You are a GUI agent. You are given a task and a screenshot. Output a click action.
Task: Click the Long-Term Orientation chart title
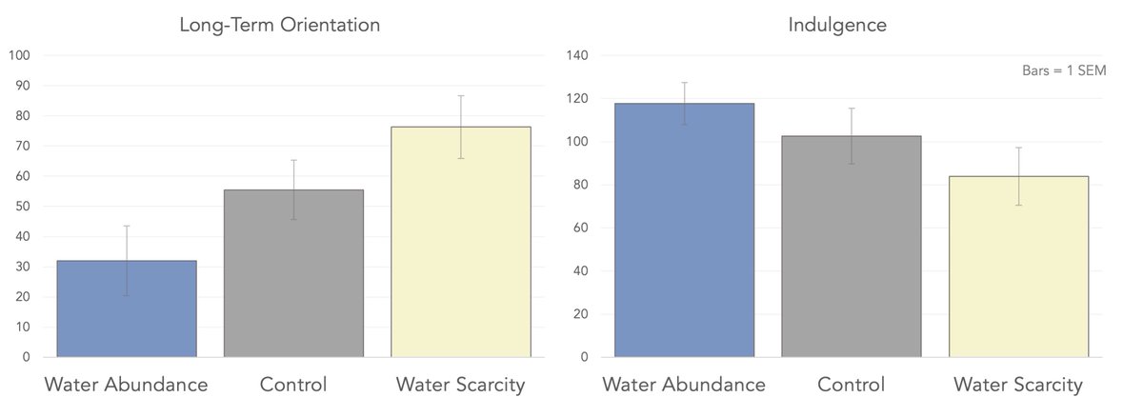coord(280,26)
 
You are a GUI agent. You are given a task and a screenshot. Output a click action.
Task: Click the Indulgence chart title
coord(837,26)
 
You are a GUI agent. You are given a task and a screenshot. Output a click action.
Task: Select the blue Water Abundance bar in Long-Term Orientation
coord(127,308)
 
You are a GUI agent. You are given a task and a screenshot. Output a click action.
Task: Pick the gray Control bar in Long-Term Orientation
coord(293,273)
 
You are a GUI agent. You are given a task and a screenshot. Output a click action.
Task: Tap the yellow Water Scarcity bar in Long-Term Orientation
coord(461,242)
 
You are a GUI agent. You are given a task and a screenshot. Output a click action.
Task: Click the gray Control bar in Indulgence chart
coord(852,247)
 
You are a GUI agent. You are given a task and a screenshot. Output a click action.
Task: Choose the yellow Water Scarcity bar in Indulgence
coord(1018,267)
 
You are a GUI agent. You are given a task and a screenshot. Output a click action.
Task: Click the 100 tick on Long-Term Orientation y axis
coord(20,55)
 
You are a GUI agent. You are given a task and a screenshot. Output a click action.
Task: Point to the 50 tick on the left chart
coord(23,207)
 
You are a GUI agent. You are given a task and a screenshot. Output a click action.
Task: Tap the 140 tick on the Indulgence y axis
coord(576,55)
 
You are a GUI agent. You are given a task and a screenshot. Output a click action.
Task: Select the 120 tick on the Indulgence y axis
coord(576,99)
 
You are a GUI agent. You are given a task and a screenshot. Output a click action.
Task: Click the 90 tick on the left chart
coord(23,86)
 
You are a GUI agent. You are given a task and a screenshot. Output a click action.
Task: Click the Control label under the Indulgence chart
coord(851,385)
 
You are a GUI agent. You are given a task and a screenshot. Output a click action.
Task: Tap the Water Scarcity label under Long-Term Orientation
coord(461,385)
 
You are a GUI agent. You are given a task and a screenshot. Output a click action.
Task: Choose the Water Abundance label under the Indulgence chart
coord(684,385)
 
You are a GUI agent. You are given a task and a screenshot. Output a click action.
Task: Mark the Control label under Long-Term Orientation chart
coord(293,385)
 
